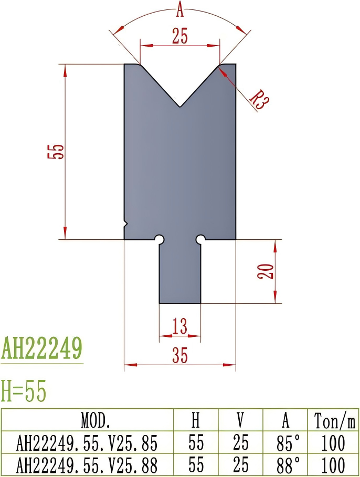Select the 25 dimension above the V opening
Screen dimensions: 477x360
point(179,36)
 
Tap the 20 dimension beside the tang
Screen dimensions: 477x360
point(267,271)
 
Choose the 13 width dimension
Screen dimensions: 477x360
point(179,327)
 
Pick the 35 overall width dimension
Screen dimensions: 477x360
point(179,356)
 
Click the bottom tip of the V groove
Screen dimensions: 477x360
point(180,107)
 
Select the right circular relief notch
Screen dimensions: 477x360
point(200,239)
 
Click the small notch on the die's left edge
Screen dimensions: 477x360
point(125,224)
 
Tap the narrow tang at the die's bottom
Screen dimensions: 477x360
point(180,273)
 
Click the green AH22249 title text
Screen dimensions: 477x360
point(42,347)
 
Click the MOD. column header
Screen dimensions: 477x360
point(88,420)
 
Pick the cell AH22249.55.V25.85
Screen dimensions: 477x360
point(88,443)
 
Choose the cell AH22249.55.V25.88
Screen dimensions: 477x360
point(88,465)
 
